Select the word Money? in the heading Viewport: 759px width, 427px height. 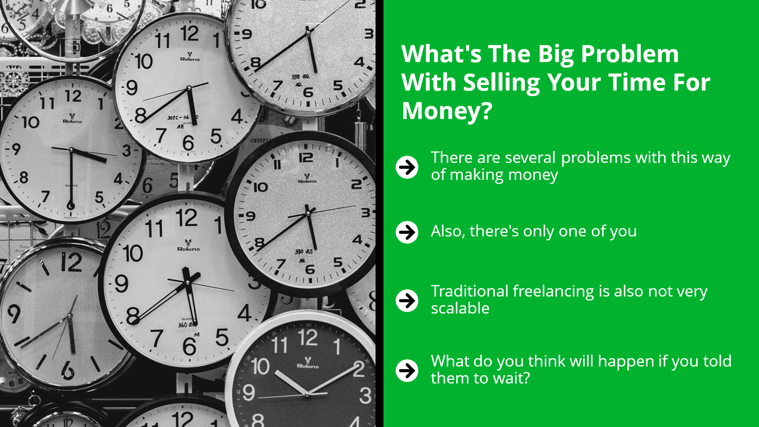tap(447, 111)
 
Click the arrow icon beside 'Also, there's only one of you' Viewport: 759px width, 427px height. tap(407, 232)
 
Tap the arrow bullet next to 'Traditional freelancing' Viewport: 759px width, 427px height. tap(407, 300)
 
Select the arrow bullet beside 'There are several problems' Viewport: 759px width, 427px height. tap(407, 167)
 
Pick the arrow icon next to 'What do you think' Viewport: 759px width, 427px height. tap(407, 371)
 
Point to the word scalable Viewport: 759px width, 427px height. tap(460, 308)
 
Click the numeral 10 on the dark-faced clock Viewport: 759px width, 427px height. tap(260, 366)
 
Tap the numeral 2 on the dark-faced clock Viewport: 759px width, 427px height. tap(359, 369)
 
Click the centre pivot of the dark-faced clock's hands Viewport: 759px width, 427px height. tap(307, 394)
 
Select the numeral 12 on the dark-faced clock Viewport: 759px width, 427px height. tap(308, 338)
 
